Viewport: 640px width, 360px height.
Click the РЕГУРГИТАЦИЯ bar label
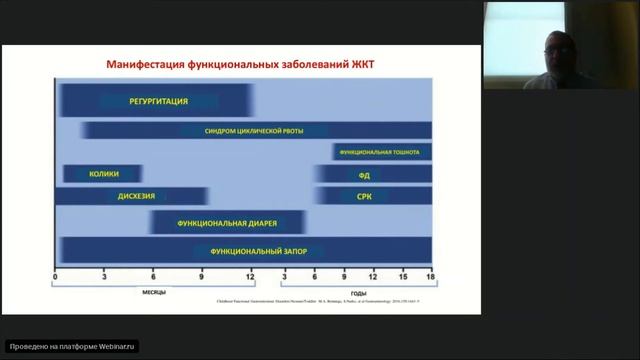(158, 101)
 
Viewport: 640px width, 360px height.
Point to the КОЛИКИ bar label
(103, 174)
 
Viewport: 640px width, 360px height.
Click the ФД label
(364, 174)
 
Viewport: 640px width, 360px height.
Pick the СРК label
(364, 196)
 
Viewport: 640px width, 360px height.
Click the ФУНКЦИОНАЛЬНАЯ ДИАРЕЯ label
(227, 222)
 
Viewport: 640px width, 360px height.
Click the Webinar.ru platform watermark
(71, 346)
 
